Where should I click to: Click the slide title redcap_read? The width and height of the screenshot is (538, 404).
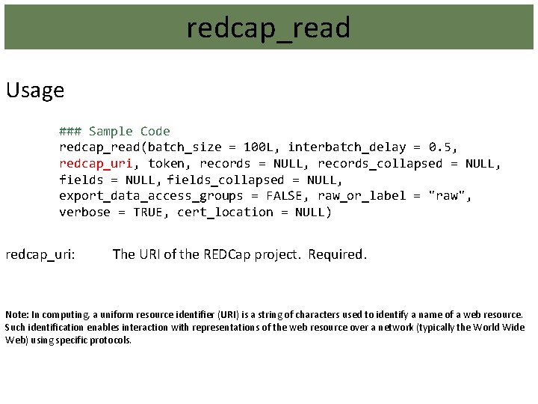(x=268, y=28)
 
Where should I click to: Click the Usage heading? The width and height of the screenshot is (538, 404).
(x=35, y=91)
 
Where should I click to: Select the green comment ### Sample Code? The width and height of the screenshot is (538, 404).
(x=114, y=131)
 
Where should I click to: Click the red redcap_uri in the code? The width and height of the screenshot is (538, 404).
(x=96, y=163)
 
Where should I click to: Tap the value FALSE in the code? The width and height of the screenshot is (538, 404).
(x=281, y=196)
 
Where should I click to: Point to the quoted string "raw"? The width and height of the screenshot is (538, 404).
(x=450, y=196)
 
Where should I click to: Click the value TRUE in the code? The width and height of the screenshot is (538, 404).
(x=149, y=212)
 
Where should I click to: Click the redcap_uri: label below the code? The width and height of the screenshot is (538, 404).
(x=40, y=254)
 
